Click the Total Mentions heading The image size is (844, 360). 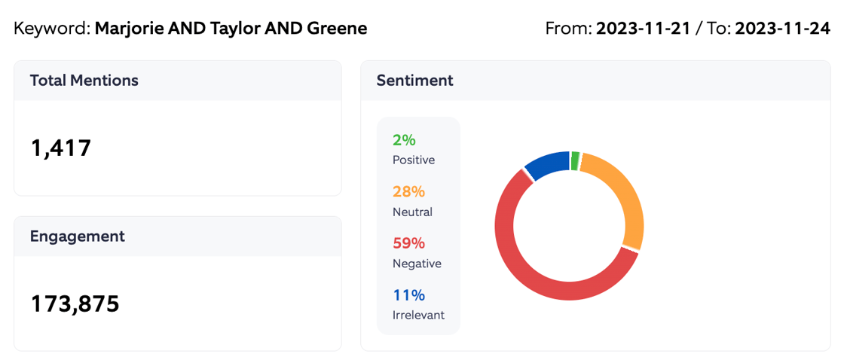pyautogui.click(x=84, y=81)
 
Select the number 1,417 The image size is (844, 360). pyautogui.click(x=61, y=148)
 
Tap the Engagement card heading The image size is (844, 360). pyautogui.click(x=77, y=236)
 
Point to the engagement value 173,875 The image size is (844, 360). pyautogui.click(x=75, y=304)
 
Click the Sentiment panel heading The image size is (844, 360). pyautogui.click(x=414, y=81)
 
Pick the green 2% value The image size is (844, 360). pyautogui.click(x=404, y=140)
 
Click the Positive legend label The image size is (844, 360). pyautogui.click(x=413, y=160)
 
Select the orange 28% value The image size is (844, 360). pyautogui.click(x=408, y=192)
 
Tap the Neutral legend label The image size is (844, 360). pyautogui.click(x=412, y=212)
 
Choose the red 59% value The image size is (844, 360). pyautogui.click(x=408, y=243)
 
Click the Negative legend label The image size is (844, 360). pyautogui.click(x=417, y=264)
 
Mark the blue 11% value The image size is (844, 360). pyautogui.click(x=408, y=295)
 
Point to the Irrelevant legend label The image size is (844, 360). pyautogui.click(x=418, y=315)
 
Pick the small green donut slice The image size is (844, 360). pyautogui.click(x=575, y=160)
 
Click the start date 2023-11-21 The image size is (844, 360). pyautogui.click(x=643, y=29)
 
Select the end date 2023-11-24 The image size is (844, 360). pyautogui.click(x=782, y=29)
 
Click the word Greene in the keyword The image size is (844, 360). pyautogui.click(x=337, y=29)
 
